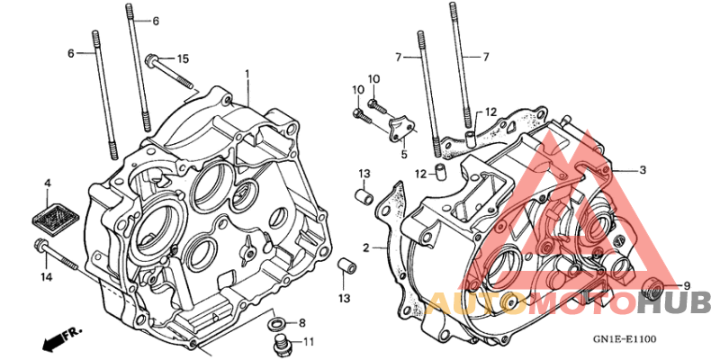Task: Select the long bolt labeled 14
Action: [x=55, y=254]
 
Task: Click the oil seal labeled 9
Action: [x=652, y=289]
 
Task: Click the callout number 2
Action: [x=365, y=248]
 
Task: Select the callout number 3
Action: [x=643, y=170]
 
